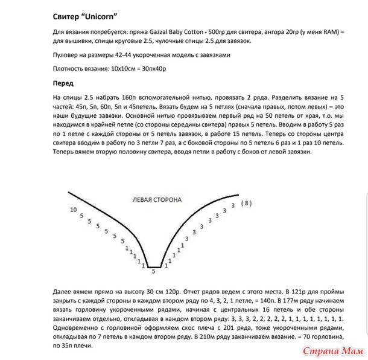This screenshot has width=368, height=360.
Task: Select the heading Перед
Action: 64,84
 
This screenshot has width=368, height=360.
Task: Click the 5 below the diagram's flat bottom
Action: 153,272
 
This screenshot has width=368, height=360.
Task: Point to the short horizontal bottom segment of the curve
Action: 154,266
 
